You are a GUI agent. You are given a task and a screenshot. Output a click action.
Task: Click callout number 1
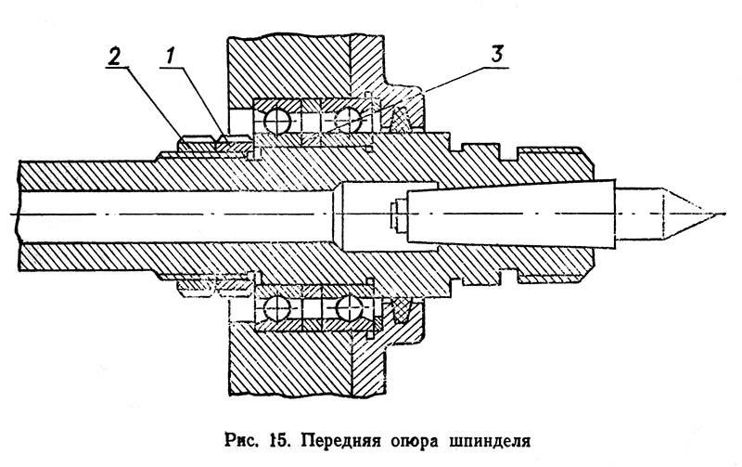click(x=170, y=57)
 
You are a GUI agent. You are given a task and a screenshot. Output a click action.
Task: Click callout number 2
click(x=114, y=57)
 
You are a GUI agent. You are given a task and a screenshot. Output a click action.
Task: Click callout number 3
click(x=497, y=55)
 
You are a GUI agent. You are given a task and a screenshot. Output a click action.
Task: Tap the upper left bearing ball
click(x=277, y=122)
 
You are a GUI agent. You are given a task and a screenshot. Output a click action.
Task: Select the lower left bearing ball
click(x=277, y=309)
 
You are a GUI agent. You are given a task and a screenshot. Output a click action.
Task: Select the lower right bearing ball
click(x=349, y=308)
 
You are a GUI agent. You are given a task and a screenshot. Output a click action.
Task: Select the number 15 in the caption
click(x=279, y=440)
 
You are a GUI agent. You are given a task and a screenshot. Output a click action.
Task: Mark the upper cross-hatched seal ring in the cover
click(x=401, y=121)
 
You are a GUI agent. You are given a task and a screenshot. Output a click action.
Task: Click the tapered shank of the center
click(x=512, y=214)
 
